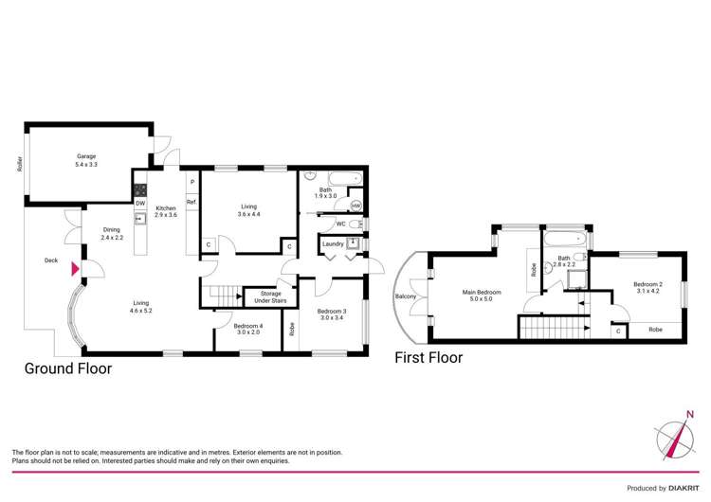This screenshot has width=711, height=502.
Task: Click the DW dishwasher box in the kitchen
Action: pos(139,203)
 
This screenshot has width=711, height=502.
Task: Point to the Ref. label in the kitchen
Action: pos(191,202)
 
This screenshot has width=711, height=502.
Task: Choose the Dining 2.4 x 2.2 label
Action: pos(112,233)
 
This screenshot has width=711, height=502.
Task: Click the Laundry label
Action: pos(333,244)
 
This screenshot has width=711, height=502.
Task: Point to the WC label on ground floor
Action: pos(339,224)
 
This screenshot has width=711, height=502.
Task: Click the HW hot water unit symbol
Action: pos(356,205)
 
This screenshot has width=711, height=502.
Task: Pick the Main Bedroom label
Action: pos(482,296)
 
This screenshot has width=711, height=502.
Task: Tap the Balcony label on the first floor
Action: pos(406,296)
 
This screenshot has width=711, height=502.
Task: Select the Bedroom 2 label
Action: pos(647,287)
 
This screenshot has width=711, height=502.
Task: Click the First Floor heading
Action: pos(428,358)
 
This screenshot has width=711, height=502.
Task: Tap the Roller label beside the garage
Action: pos(19,164)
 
